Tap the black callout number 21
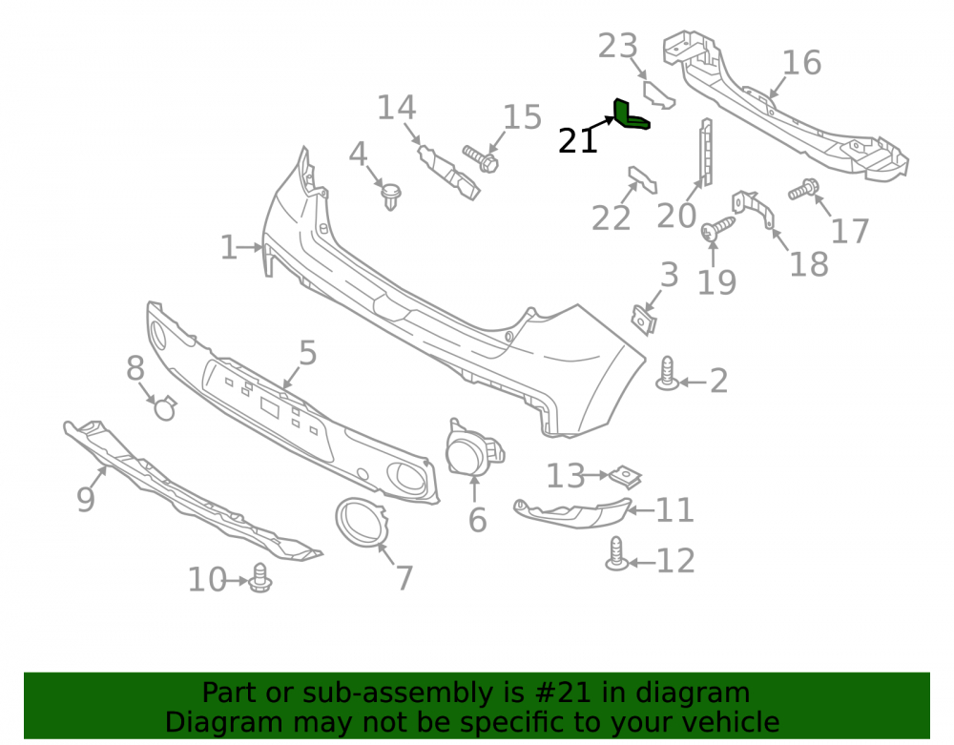pos(577,141)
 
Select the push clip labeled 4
pos(390,196)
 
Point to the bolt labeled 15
pos(481,158)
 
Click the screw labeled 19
pos(718,228)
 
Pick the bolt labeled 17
pos(803,189)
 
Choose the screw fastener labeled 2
pos(668,373)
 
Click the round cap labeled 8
pos(165,407)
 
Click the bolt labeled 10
pos(260,578)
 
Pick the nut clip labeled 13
pos(626,477)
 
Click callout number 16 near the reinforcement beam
pos(801,63)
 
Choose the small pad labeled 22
pos(642,180)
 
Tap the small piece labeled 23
pos(659,94)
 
